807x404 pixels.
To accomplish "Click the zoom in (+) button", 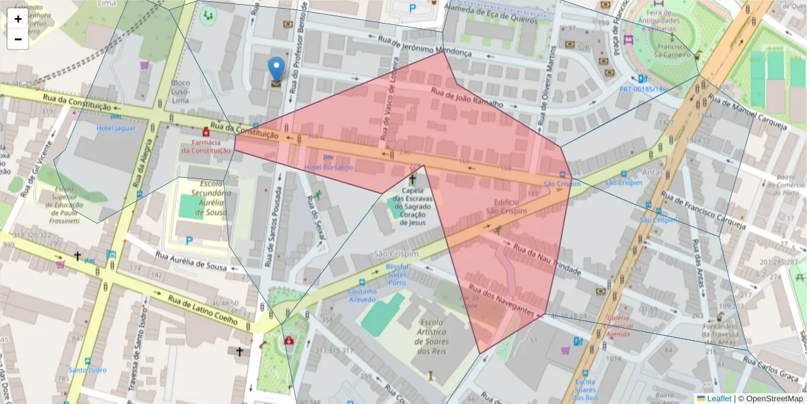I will [17, 19].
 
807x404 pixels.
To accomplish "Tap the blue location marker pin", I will [276, 69].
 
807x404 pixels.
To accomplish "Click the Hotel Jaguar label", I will [116, 128].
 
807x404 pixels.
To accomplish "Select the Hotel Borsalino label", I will [329, 167].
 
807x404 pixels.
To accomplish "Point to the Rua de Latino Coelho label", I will [202, 310].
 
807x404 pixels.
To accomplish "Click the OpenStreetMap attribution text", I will [773, 399].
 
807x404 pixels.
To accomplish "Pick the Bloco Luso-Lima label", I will [181, 92].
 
